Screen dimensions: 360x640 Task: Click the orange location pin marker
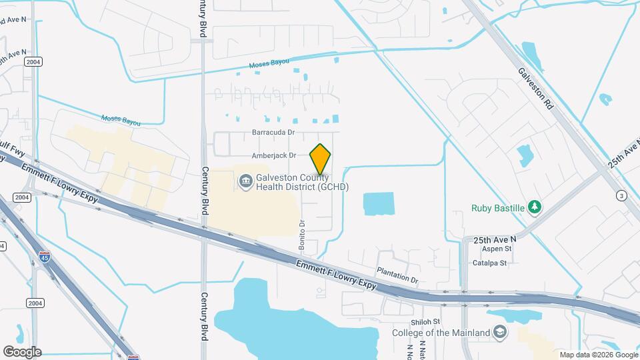click(x=321, y=159)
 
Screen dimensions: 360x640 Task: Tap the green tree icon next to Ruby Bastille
click(x=534, y=207)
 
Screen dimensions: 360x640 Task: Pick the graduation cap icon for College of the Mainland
click(x=499, y=332)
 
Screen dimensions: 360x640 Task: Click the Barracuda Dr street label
click(x=273, y=133)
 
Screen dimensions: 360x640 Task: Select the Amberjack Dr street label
click(x=273, y=156)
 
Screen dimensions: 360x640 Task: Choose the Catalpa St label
click(x=490, y=263)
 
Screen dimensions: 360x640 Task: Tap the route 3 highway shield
click(x=621, y=195)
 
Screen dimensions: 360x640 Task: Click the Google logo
click(x=22, y=351)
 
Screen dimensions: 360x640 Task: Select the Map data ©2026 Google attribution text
click(x=597, y=355)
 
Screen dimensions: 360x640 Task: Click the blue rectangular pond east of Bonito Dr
click(x=379, y=203)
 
